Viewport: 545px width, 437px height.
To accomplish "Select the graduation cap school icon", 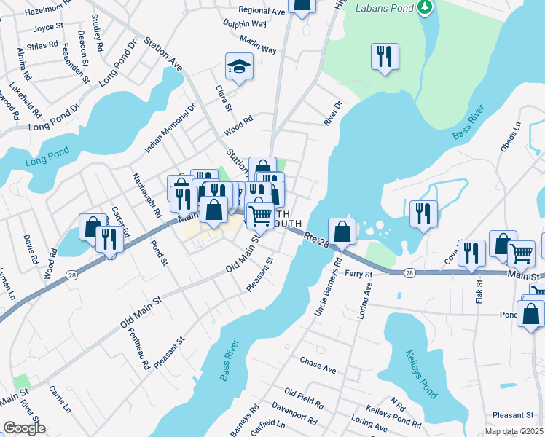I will pyautogui.click(x=238, y=66).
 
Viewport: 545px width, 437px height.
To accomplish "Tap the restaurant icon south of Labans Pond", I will pyautogui.click(x=384, y=56).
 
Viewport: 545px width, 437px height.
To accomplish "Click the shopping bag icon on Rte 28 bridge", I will pyautogui.click(x=342, y=231).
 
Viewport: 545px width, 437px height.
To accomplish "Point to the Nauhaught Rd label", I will pyautogui.click(x=146, y=194).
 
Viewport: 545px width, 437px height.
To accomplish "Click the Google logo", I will pyautogui.click(x=24, y=428).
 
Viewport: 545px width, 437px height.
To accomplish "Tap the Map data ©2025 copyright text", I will pyautogui.click(x=514, y=431).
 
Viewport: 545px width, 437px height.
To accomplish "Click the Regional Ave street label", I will pyautogui.click(x=262, y=12).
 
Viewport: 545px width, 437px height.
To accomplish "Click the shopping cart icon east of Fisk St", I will pyautogui.click(x=521, y=253).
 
